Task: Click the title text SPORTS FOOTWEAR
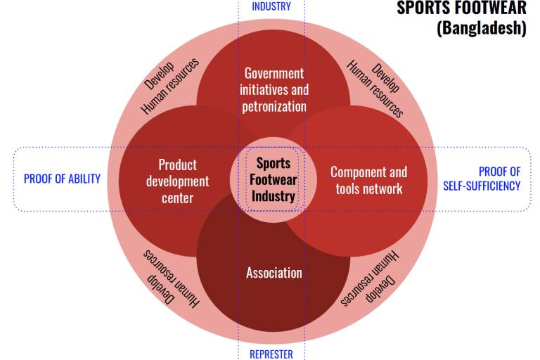(461, 8)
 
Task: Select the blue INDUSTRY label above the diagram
(271, 6)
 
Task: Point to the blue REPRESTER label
(271, 354)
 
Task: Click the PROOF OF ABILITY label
(62, 179)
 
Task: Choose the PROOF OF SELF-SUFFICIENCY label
(482, 179)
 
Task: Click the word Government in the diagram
(274, 73)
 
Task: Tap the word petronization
(274, 107)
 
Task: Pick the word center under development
(177, 198)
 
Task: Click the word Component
(359, 172)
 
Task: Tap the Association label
(274, 273)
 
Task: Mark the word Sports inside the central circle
(274, 163)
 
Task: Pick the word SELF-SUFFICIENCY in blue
(482, 186)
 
